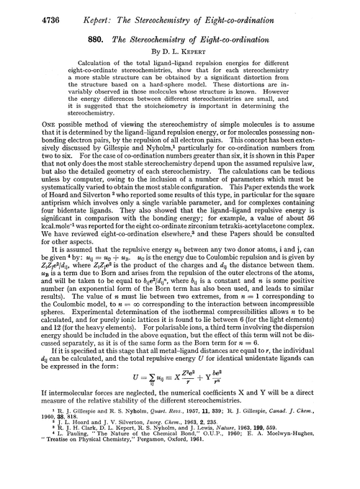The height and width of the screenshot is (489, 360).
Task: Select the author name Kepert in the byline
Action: [207, 58]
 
